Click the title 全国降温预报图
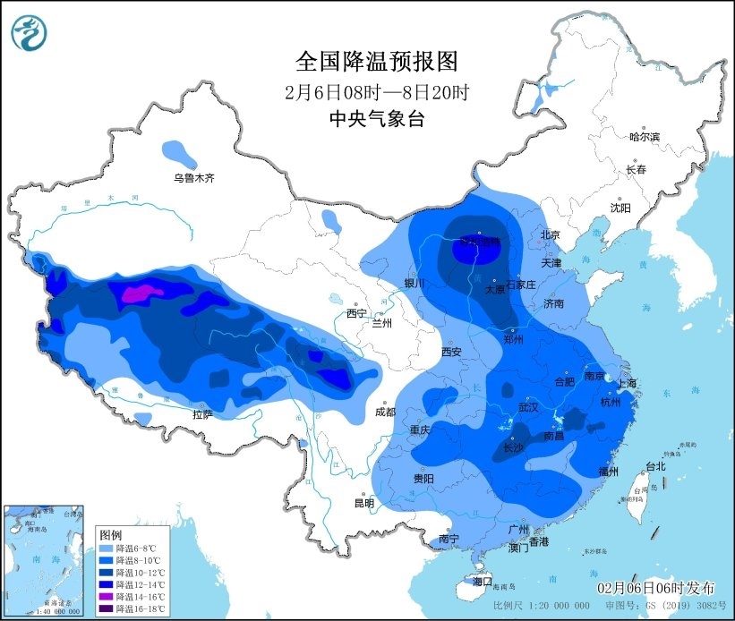point(377,62)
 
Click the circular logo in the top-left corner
point(29,33)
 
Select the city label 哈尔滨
point(644,137)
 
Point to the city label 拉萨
point(202,413)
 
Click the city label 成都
point(385,413)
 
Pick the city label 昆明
point(364,503)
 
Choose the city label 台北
point(655,466)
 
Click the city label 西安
point(451,352)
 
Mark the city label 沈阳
point(620,207)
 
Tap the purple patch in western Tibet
point(136,292)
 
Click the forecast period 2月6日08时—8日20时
point(377,91)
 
